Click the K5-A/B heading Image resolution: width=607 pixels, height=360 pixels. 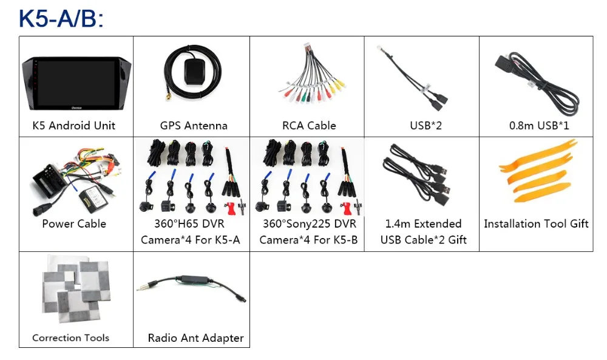click(x=61, y=18)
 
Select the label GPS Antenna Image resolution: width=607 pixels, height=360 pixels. click(x=194, y=126)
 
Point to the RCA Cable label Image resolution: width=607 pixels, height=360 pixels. click(x=309, y=126)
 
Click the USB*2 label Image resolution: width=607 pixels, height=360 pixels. click(x=426, y=126)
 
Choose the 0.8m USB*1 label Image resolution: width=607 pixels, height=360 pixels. click(x=539, y=126)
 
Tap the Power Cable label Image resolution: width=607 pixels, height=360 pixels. click(x=74, y=224)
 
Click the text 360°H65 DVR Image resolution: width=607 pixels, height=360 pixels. click(x=189, y=224)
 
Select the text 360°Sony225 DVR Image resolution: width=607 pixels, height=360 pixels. click(x=310, y=224)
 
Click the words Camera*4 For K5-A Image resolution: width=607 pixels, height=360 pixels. click(x=191, y=240)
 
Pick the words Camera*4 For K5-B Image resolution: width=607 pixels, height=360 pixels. click(x=308, y=240)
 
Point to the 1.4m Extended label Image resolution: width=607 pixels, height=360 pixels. click(x=423, y=224)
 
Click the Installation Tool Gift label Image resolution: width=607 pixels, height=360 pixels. click(x=536, y=224)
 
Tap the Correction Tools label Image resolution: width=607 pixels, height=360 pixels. click(x=70, y=338)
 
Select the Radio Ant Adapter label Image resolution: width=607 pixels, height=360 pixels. click(x=196, y=338)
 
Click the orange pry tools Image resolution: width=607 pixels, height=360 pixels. click(x=538, y=171)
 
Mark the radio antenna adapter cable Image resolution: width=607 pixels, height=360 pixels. click(x=191, y=286)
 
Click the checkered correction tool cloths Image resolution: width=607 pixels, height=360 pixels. click(x=76, y=289)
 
